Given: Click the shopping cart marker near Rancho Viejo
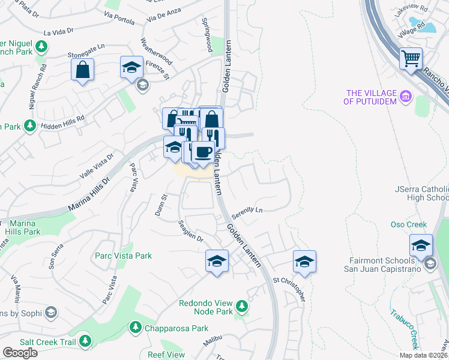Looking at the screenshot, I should [x=411, y=59].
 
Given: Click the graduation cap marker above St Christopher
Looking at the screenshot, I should [x=304, y=262].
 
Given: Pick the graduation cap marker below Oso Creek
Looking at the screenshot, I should [x=421, y=245].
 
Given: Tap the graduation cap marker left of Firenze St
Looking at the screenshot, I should [x=131, y=67].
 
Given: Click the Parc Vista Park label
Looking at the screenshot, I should [x=123, y=256].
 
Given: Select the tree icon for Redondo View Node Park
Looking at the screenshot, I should [x=242, y=307].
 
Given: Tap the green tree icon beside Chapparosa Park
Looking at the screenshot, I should [x=135, y=328].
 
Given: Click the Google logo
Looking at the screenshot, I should [x=20, y=353].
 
